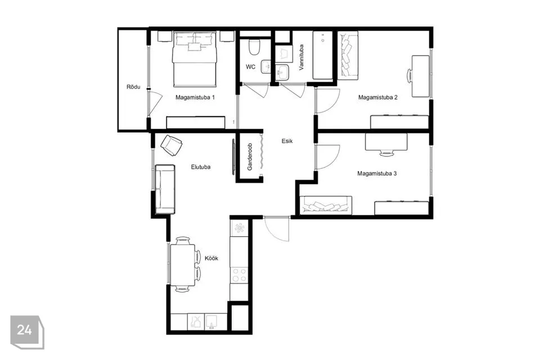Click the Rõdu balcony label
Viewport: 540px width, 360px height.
pos(133,87)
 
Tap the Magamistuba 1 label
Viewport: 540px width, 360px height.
pos(195,97)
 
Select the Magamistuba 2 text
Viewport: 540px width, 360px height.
pos(378,97)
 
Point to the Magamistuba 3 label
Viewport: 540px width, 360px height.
pos(377,174)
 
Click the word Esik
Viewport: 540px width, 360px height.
pos(287,141)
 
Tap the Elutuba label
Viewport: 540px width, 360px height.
pos(200,167)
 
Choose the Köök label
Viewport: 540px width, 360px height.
pos(211,258)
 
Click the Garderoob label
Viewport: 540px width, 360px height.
pos(250,157)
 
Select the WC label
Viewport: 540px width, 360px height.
pos(250,67)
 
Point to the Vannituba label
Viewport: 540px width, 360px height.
pos(301,57)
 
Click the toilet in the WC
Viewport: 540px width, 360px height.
pos(254,48)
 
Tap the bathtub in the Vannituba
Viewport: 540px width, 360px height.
pos(323,55)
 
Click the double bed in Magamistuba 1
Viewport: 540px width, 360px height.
pos(195,59)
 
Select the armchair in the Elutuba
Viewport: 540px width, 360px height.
pos(172,145)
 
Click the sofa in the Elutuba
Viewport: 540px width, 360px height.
pos(165,189)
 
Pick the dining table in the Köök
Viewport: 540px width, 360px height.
pos(183,265)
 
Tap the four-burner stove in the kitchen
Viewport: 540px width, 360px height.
pos(239,275)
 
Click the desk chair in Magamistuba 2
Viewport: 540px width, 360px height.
pos(410,76)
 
